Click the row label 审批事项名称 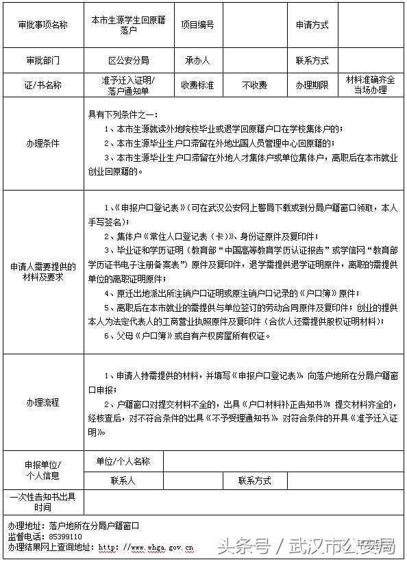click(43, 25)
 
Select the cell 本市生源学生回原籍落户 click(129, 25)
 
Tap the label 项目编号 click(197, 25)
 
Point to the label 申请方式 click(312, 25)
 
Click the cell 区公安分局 click(129, 60)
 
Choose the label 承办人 click(197, 60)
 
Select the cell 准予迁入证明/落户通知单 click(129, 86)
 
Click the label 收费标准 click(197, 86)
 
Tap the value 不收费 click(255, 86)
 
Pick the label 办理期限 click(312, 86)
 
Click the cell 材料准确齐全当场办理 click(371, 85)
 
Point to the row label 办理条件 click(43, 144)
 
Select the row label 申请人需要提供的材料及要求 click(43, 271)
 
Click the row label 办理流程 click(43, 402)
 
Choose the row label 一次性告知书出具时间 click(43, 501)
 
